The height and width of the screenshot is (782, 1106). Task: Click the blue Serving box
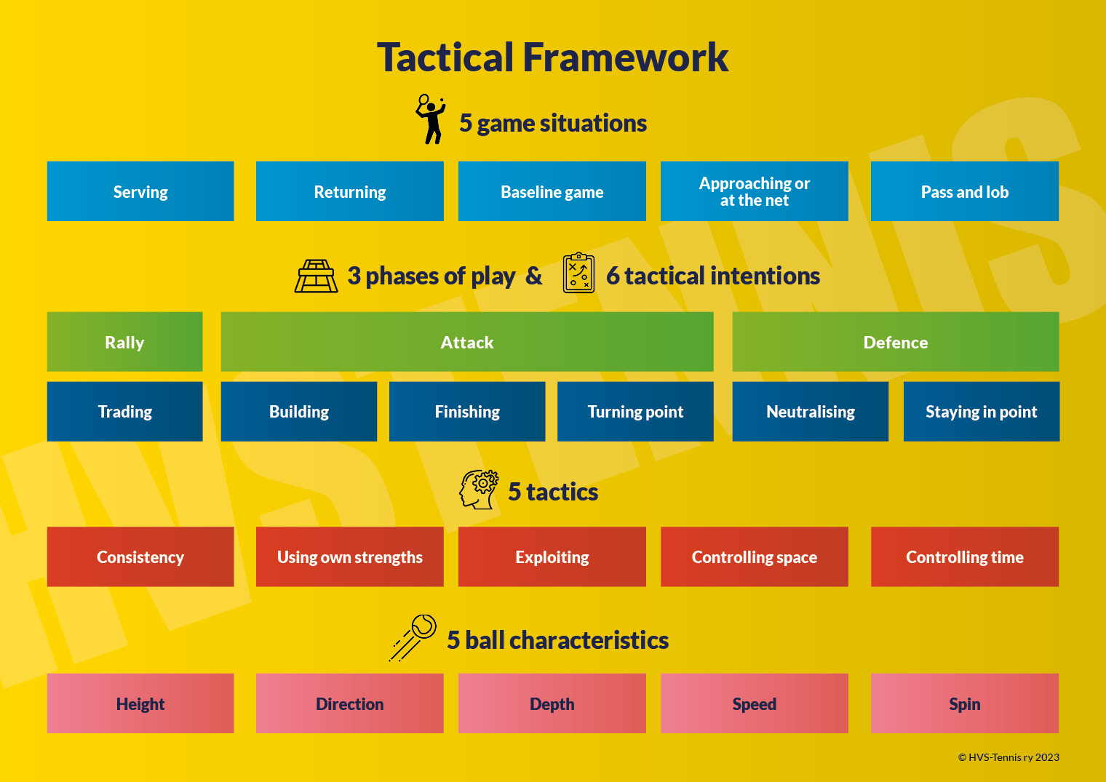[140, 191]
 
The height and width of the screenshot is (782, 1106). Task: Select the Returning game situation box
[349, 191]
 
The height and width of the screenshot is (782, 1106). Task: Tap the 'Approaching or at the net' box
[754, 191]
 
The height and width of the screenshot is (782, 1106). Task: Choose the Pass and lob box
[964, 191]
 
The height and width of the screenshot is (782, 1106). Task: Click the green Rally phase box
[124, 342]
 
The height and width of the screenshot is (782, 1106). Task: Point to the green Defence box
[895, 342]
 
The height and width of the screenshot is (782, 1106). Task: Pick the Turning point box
[635, 412]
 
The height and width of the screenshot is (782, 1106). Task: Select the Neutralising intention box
[810, 412]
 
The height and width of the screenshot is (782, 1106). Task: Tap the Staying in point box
[981, 412]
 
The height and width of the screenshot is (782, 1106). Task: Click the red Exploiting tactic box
[552, 556]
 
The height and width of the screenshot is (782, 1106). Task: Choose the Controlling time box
[964, 556]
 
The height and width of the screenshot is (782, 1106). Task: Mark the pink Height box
[140, 703]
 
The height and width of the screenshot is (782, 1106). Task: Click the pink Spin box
[964, 703]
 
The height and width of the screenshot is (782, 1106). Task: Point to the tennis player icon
[431, 119]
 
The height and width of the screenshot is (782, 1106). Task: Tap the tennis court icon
[316, 276]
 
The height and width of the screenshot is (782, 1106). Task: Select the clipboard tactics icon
[578, 273]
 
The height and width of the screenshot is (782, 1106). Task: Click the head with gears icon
[479, 489]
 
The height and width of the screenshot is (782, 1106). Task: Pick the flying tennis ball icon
[413, 637]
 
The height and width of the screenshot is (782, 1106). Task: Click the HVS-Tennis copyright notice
[1008, 757]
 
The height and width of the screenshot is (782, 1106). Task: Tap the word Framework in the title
[625, 57]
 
